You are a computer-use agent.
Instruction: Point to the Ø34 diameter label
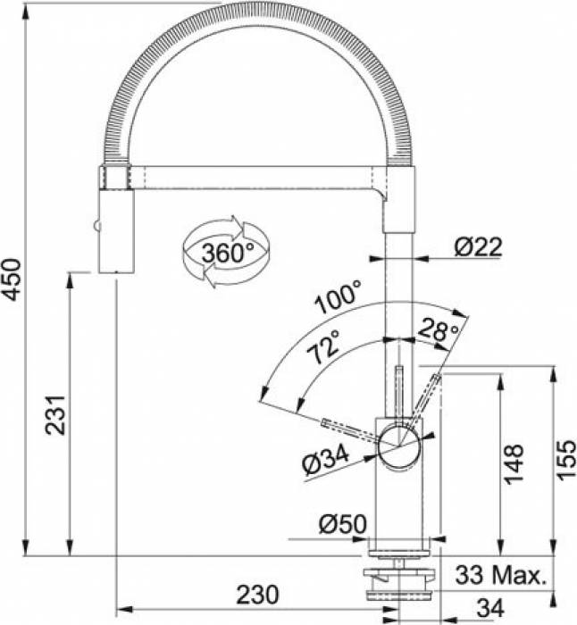click(323, 462)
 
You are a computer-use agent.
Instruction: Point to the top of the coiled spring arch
click(255, 12)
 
